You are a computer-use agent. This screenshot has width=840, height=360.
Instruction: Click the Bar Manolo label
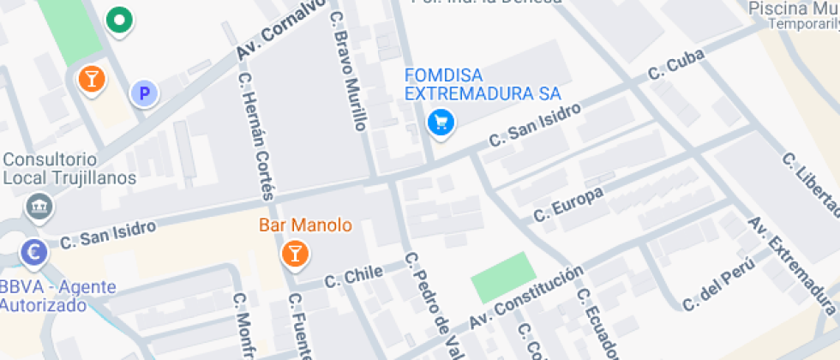coord(306,225)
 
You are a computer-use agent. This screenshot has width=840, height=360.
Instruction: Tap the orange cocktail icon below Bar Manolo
coord(294,253)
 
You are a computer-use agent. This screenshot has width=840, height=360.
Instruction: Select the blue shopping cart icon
coord(441,123)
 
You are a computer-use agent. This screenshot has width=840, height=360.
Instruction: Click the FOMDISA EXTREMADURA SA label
coord(483,84)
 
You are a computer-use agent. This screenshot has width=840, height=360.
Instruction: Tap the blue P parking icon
coord(144,94)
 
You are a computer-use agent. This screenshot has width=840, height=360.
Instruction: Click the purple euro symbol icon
coord(35,252)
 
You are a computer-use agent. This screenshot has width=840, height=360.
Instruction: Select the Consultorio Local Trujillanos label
coord(69,169)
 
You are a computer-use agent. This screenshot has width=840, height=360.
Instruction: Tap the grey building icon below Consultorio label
coord(39,206)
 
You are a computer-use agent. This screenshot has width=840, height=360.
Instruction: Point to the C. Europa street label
coord(568,203)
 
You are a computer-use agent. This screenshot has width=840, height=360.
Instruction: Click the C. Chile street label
coord(353,276)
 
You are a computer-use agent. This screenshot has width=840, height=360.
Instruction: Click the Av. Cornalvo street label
coord(282,30)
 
